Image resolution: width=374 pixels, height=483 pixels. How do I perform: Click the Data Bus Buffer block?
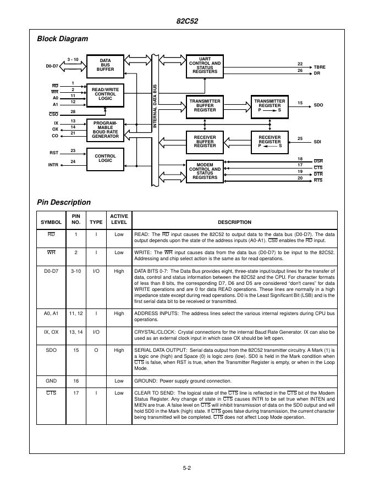[x=106, y=65]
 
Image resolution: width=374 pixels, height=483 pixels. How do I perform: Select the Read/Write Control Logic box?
[x=105, y=94]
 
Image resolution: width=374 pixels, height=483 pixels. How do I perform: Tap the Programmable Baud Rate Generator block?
[x=105, y=130]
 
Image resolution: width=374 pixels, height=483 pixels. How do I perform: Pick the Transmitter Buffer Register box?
[x=205, y=105]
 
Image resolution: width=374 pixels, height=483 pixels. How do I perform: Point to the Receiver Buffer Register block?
[x=205, y=141]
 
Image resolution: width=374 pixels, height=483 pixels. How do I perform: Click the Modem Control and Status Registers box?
[x=205, y=171]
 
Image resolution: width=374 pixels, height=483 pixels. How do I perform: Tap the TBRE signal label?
[x=319, y=67]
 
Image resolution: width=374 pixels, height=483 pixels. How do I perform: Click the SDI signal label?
[x=317, y=142]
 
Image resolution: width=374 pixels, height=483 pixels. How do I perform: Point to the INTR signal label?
[x=53, y=164]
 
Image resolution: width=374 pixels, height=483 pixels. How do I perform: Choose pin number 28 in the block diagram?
[x=73, y=112]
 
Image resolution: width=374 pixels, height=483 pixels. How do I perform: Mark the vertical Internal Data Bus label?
[x=155, y=106]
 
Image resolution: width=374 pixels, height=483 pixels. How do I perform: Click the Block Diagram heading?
[x=62, y=38]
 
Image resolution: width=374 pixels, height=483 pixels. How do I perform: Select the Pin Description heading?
[x=63, y=202]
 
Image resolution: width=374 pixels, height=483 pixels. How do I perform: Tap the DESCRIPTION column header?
[x=234, y=222]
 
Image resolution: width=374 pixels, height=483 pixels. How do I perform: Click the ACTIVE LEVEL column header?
[x=119, y=219]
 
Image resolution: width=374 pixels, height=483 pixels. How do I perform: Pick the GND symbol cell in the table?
[x=51, y=380]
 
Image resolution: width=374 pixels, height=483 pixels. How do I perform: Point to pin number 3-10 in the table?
[x=75, y=271]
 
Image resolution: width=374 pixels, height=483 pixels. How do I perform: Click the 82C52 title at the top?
[x=187, y=21]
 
